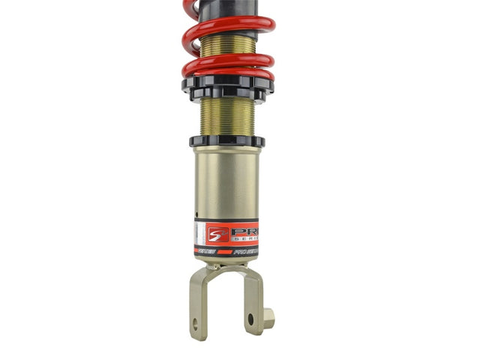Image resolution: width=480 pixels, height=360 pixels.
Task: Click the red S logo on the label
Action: pyautogui.click(x=216, y=233)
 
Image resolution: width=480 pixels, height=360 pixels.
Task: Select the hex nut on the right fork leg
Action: pyautogui.click(x=268, y=317)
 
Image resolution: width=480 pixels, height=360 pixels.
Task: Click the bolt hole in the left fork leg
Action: pyautogui.click(x=196, y=324)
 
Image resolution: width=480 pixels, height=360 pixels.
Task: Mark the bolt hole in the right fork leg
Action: pyautogui.click(x=250, y=318)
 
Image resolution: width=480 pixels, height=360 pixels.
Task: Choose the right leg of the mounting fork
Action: pyautogui.click(x=253, y=300)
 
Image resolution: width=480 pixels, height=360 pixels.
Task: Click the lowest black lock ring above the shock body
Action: pyautogui.click(x=226, y=140)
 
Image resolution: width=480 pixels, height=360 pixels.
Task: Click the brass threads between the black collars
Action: pyautogui.click(x=227, y=116)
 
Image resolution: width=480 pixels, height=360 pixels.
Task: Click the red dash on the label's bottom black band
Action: pyautogui.click(x=225, y=251)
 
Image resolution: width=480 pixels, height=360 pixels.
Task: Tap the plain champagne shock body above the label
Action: pyautogui.click(x=225, y=184)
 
